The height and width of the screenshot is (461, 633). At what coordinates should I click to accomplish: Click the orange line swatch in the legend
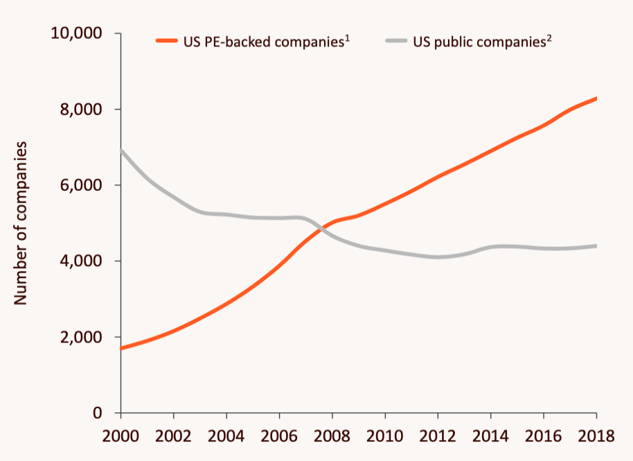169,42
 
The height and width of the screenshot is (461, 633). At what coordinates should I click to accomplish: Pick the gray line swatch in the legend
395,42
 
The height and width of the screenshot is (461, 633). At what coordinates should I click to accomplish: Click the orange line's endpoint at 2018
596,98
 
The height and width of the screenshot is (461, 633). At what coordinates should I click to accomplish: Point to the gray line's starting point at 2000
121,150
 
